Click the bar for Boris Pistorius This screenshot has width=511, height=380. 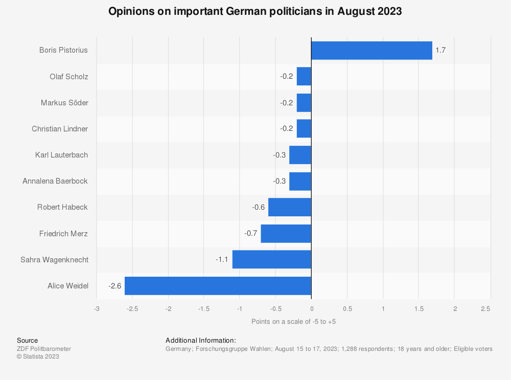(371, 51)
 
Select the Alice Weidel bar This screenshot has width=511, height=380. (218, 286)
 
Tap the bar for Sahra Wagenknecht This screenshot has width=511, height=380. (271, 260)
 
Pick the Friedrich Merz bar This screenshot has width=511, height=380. (286, 234)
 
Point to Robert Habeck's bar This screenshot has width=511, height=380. (289, 207)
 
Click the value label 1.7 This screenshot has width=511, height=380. (440, 51)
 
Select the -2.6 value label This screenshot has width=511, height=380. (114, 286)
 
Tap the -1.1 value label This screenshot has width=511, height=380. (222, 260)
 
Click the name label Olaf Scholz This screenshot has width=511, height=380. (68, 77)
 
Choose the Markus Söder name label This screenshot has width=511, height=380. (64, 103)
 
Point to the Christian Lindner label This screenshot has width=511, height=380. (60, 129)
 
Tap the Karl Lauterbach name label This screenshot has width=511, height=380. (61, 155)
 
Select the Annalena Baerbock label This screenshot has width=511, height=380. (55, 181)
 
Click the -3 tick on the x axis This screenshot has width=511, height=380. (96, 309)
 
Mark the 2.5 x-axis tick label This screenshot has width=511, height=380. (485, 309)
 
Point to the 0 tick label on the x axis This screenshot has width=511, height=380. (311, 309)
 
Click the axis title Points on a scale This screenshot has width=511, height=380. (293, 322)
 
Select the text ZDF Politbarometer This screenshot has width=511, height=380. (44, 349)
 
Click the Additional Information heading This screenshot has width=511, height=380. (201, 340)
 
